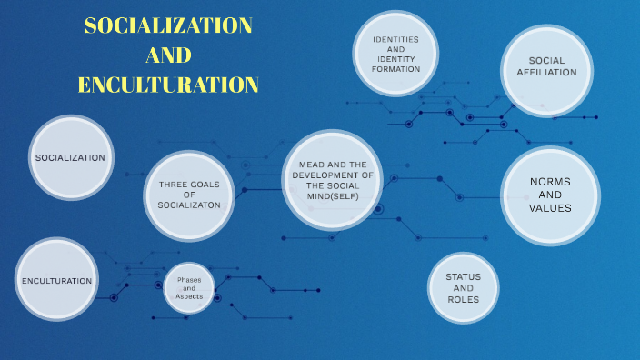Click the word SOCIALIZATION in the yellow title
167,25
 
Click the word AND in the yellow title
168,55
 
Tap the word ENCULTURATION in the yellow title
168,85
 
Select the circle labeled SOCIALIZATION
70,158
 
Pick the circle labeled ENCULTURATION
57,281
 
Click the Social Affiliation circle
546,66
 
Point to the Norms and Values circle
550,195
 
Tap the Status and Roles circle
463,287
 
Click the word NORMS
550,182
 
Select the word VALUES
550,208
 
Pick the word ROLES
463,299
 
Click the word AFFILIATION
546,73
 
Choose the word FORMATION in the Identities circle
395,69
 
